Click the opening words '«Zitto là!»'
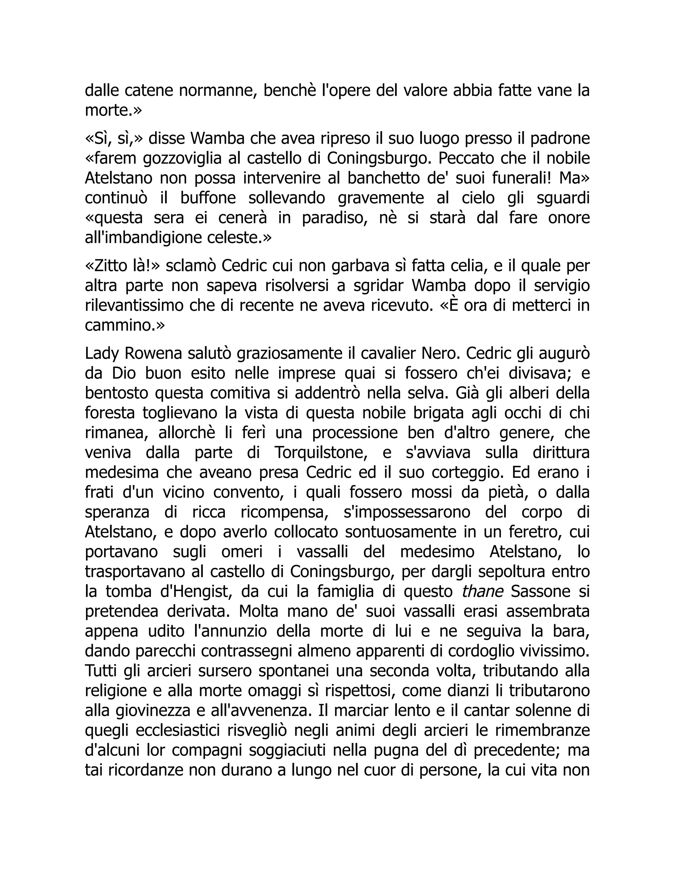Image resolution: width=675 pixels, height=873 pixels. coord(123,266)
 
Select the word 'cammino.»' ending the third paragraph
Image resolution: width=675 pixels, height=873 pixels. coord(125,326)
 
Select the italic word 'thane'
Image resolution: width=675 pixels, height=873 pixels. coord(482,592)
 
